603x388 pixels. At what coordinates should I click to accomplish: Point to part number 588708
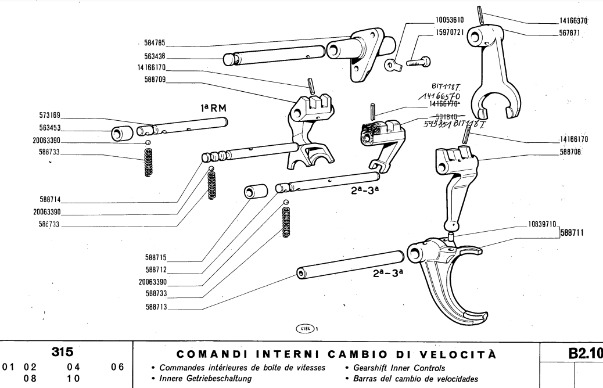[x=572, y=152]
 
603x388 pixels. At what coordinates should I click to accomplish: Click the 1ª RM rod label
[x=213, y=107]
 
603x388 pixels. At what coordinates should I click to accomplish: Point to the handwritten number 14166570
[x=428, y=96]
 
